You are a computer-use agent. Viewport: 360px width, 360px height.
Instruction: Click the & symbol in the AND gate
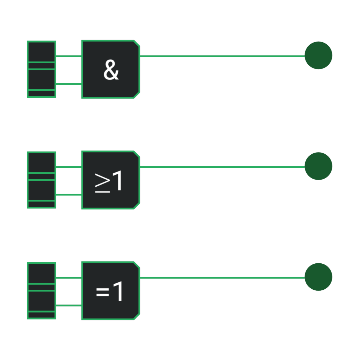(x=111, y=70)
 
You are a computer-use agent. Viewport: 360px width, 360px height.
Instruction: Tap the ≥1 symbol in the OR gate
(x=108, y=181)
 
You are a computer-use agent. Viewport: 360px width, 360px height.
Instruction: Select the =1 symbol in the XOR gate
(x=109, y=291)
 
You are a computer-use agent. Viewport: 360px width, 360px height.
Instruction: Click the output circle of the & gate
(x=319, y=55)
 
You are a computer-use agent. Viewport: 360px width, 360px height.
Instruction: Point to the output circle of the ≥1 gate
(x=319, y=166)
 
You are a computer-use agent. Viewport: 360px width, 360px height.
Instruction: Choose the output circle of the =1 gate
(x=319, y=277)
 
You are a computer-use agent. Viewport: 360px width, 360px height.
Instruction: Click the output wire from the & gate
(x=222, y=56)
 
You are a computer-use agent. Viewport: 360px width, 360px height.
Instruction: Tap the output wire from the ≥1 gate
(x=222, y=167)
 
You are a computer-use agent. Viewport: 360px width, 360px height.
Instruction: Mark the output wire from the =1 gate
(x=222, y=278)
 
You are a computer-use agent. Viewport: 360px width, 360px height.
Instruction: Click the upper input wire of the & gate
(x=69, y=56)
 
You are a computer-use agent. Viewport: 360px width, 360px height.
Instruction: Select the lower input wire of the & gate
(x=69, y=84)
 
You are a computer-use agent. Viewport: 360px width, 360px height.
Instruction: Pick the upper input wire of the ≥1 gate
(x=69, y=167)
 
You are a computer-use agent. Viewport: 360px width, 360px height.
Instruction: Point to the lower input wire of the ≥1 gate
(x=69, y=195)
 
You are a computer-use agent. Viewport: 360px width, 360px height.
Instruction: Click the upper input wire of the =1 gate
(x=69, y=278)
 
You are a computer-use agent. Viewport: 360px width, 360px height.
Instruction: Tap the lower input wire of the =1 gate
(x=69, y=306)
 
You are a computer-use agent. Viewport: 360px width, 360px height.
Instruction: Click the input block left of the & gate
(x=41, y=69)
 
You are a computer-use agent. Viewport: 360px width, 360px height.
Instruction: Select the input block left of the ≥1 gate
(x=41, y=180)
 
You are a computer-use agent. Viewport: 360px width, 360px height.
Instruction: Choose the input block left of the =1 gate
(x=41, y=291)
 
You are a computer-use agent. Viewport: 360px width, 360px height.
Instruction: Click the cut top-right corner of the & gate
(x=137, y=43)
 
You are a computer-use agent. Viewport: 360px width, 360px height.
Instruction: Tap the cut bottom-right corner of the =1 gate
(x=137, y=317)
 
